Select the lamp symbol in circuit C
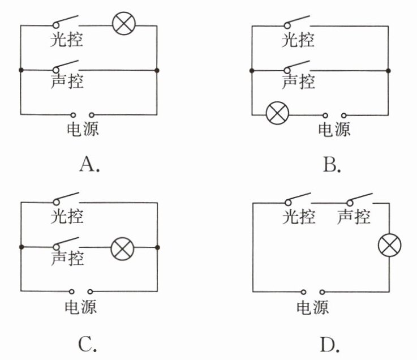pos(121,248)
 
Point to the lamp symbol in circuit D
pos(390,246)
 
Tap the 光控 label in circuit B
pos(298,41)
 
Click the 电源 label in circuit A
pos(83,130)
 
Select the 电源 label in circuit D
pos(312,307)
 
